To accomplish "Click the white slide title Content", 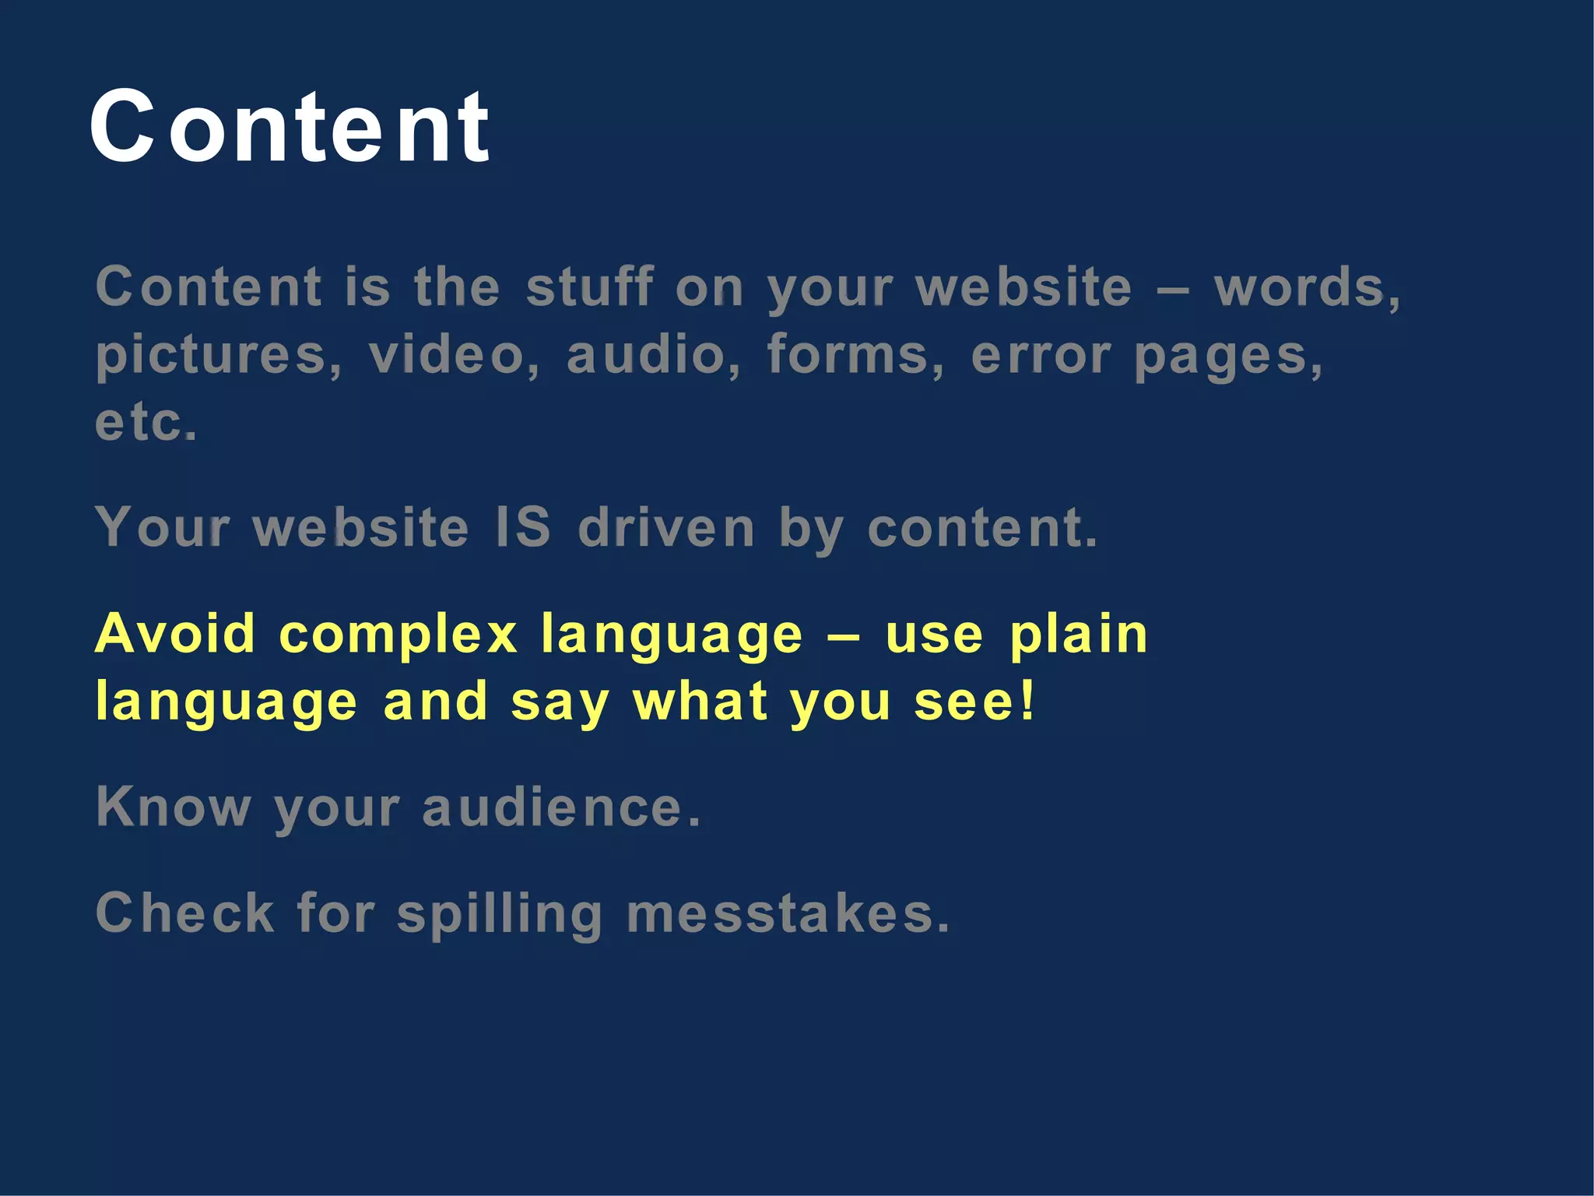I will [290, 126].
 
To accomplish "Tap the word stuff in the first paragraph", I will [589, 287].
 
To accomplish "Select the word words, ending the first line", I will [1308, 287].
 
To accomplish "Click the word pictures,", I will [219, 356].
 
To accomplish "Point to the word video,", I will [455, 355].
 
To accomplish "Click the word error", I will [1041, 356].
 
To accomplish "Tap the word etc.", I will [146, 422].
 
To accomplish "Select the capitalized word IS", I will [523, 527].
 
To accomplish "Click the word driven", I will [666, 527].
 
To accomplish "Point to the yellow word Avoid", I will [175, 633].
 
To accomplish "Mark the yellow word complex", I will [398, 635].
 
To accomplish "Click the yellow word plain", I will [1078, 635].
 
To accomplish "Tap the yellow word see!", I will [974, 702].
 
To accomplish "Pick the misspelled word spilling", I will [500, 914].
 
